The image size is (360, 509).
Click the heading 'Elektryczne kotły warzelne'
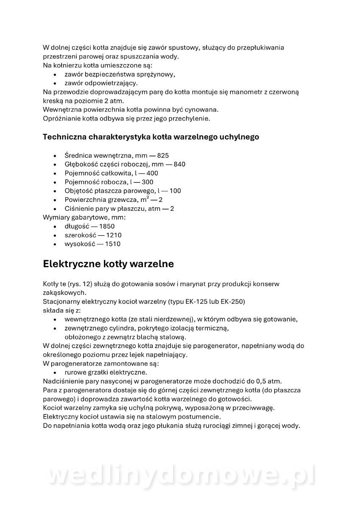[x=108, y=264]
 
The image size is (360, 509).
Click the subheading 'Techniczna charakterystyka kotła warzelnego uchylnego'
[x=151, y=137]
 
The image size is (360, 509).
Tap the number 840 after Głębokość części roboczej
[x=179, y=164]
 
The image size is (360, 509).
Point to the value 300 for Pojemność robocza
[x=147, y=182]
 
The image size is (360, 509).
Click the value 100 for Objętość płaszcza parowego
[x=175, y=191]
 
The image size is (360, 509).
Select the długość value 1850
[x=106, y=226]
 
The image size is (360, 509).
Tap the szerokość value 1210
[x=113, y=235]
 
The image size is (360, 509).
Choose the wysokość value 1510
[x=112, y=244]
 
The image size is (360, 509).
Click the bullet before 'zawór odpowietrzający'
[x=55, y=84]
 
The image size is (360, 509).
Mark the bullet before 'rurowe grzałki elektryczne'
[x=55, y=372]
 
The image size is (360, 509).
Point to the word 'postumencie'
[x=201, y=417]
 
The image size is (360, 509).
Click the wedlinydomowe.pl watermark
[x=180, y=475]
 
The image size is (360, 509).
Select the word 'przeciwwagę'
[x=255, y=408]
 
